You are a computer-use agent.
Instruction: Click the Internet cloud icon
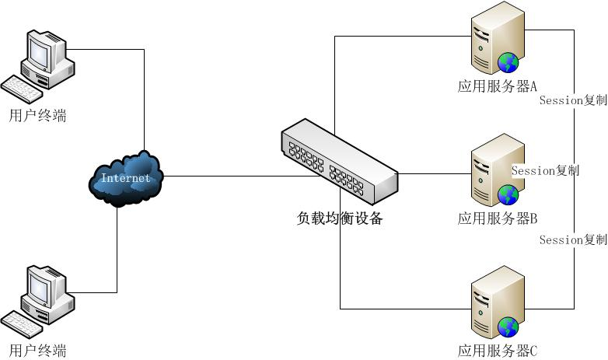(126, 179)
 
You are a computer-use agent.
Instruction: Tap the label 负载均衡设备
(340, 218)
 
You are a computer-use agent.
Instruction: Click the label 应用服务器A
(498, 86)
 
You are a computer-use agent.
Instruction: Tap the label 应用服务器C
(498, 351)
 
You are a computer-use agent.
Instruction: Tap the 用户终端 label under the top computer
(37, 116)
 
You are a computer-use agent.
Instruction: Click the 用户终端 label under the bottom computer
(37, 350)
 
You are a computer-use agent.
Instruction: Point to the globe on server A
(508, 61)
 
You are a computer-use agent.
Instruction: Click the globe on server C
(508, 327)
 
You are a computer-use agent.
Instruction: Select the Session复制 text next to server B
(545, 170)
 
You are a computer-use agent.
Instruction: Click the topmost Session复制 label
(572, 100)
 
